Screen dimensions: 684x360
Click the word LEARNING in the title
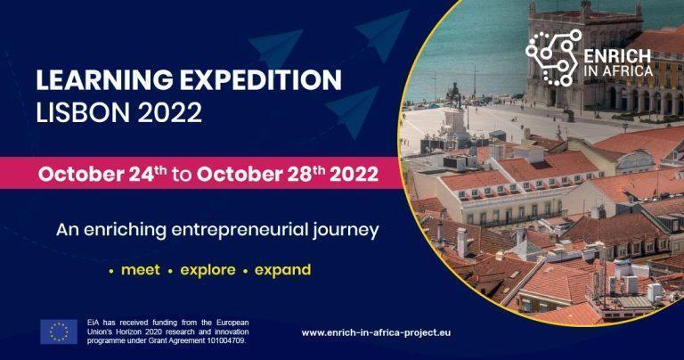(105, 80)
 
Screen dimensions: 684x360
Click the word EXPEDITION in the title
(261, 80)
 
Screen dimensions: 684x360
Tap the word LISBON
(83, 111)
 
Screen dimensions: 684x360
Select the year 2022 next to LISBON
(170, 111)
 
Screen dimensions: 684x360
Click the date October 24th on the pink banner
(102, 174)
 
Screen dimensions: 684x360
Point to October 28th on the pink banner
(261, 174)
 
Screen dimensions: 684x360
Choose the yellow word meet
(141, 270)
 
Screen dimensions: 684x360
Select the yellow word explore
(208, 271)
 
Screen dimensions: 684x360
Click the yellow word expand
(282, 271)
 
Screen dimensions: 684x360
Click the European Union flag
(59, 331)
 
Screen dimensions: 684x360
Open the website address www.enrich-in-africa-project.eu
(376, 332)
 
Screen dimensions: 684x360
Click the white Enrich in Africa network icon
(554, 58)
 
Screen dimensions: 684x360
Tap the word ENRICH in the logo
(617, 56)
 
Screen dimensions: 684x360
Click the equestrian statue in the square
(455, 95)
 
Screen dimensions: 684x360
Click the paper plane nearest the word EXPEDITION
(353, 110)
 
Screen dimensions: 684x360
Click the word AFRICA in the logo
(627, 70)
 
